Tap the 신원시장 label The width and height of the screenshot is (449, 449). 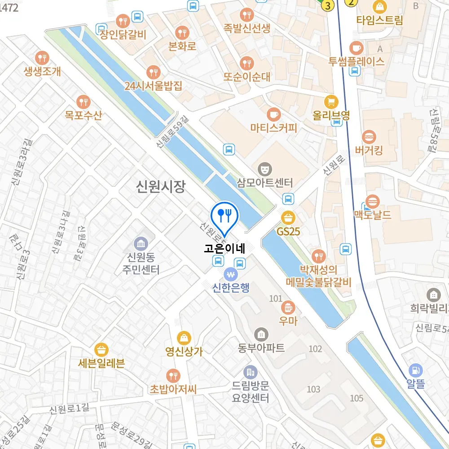click(161, 186)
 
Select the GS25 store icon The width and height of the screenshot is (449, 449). click(288, 218)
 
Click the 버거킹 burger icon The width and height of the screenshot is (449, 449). click(369, 136)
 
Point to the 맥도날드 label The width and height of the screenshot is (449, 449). click(373, 215)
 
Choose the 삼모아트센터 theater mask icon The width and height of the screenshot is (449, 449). click(265, 169)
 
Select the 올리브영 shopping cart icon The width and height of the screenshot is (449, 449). click(331, 101)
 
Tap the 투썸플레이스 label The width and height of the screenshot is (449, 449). click(357, 62)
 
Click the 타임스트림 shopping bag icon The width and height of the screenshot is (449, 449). click(380, 6)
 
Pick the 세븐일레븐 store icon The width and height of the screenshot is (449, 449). click(101, 349)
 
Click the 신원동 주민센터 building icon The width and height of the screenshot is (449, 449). click(141, 244)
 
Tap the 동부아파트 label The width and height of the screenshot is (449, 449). click(261, 348)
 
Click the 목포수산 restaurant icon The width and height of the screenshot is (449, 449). click(83, 101)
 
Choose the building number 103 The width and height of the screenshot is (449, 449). click(313, 389)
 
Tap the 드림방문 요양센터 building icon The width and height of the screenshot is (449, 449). click(250, 372)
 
